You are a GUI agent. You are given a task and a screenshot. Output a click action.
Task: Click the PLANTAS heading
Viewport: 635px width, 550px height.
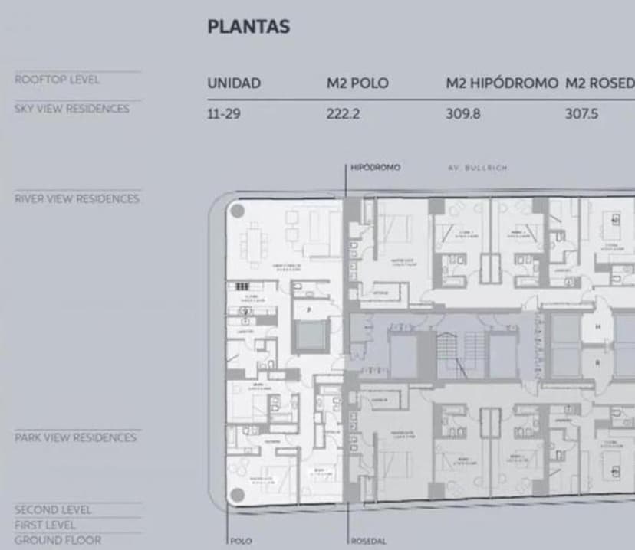(248, 27)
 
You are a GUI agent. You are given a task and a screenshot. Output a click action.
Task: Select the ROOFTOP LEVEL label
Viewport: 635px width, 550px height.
(57, 80)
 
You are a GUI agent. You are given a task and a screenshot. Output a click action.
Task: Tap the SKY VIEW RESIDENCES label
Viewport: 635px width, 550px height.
(71, 109)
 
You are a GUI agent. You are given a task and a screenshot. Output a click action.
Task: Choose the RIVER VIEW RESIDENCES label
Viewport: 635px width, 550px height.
(77, 199)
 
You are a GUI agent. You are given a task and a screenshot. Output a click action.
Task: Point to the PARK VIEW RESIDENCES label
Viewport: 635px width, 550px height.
(75, 438)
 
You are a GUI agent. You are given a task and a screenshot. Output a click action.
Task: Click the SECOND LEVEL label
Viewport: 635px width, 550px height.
(52, 510)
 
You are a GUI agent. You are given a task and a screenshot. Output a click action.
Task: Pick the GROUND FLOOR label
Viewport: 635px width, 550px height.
(57, 540)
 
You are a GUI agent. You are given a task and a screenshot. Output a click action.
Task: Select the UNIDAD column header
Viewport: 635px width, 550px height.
(234, 83)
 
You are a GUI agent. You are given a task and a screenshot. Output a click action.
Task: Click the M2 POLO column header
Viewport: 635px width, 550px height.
(357, 83)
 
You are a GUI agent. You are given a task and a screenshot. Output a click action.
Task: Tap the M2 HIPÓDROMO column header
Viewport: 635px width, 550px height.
(502, 83)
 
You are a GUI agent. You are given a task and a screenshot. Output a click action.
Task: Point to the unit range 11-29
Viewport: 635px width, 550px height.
(223, 114)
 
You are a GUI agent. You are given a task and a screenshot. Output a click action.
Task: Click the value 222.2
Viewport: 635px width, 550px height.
(343, 114)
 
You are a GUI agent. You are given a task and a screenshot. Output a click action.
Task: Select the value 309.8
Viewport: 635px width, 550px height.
(462, 114)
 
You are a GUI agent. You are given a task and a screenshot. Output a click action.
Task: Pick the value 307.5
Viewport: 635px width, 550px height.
(581, 114)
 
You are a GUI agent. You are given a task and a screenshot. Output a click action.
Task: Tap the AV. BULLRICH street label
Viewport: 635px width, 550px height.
(477, 167)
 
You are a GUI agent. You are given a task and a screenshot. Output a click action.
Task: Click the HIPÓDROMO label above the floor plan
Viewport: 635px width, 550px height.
(375, 167)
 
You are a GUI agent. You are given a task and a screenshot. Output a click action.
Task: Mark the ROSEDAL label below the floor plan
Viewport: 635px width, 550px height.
(369, 541)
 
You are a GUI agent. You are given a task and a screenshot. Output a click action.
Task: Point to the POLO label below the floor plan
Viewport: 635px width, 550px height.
(242, 541)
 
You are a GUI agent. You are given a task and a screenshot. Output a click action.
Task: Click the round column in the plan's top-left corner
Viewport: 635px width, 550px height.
(238, 211)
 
